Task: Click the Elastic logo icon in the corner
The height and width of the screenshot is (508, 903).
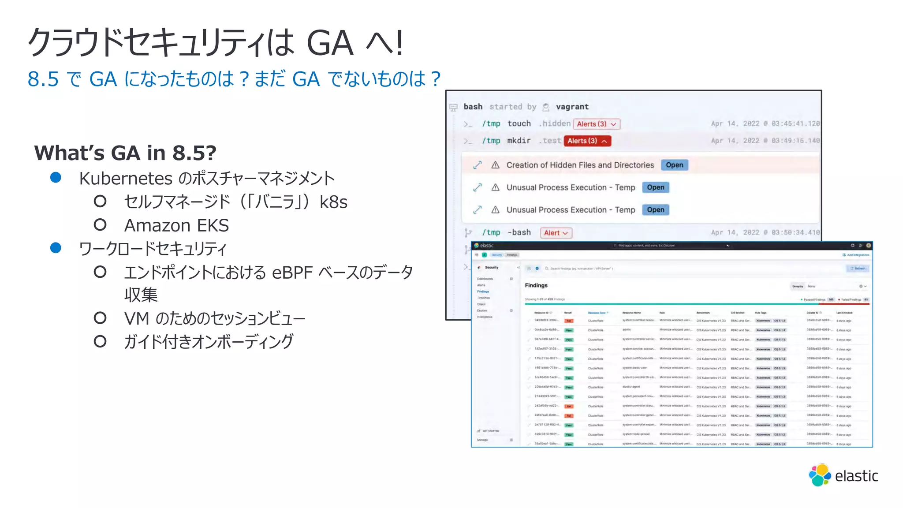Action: [820, 475]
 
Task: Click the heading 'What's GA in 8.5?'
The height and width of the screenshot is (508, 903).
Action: [125, 153]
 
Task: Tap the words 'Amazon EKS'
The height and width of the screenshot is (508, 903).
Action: [176, 225]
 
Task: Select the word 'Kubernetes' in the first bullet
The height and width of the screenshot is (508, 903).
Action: [126, 179]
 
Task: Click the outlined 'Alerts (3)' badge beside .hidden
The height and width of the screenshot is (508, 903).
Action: [596, 124]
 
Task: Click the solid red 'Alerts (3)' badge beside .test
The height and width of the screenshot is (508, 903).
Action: [587, 141]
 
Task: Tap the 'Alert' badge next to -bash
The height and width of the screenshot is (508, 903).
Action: [556, 233]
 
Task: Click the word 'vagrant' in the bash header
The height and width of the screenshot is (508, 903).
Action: [572, 107]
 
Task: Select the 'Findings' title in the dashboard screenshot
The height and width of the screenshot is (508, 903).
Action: [536, 285]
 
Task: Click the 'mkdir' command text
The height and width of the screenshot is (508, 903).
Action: [519, 141]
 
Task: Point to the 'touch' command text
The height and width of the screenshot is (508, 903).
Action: [519, 124]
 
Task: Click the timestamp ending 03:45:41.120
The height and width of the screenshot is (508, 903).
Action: [765, 124]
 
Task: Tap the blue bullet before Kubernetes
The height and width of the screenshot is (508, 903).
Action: [56, 178]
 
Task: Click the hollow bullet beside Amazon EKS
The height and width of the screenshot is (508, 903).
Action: [100, 225]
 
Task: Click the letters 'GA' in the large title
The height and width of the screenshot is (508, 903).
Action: [330, 43]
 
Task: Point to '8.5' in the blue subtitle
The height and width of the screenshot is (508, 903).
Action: [43, 79]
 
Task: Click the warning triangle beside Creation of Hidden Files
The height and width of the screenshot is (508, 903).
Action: [495, 165]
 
